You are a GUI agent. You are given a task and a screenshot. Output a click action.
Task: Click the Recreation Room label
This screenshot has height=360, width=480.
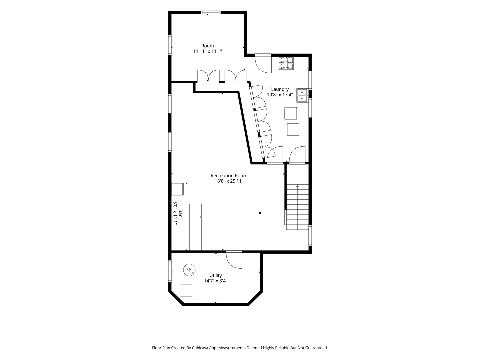(229, 176)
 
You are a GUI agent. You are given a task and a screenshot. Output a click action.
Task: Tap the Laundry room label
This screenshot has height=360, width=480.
(280, 89)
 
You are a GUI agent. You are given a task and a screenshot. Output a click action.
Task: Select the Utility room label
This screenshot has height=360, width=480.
(216, 275)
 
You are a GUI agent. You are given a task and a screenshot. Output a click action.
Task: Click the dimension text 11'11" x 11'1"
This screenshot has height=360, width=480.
(208, 51)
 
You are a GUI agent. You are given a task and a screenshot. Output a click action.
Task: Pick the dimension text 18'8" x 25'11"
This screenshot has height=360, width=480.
(229, 181)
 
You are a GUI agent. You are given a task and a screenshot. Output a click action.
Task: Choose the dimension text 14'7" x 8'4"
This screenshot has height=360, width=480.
(216, 281)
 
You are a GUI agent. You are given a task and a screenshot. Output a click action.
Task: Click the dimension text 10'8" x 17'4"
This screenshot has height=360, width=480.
(280, 95)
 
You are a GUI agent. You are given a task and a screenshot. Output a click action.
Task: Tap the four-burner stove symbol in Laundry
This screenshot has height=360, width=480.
(286, 63)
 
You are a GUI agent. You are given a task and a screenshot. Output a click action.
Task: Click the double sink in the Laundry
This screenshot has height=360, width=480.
(302, 96)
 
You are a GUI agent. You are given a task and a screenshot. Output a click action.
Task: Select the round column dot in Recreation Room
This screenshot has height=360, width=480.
(260, 213)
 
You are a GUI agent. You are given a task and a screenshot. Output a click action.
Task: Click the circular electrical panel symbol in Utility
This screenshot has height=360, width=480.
(189, 270)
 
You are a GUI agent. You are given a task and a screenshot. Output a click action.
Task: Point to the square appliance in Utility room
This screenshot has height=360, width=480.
(186, 291)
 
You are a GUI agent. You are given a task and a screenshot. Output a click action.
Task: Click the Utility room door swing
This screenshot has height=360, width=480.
(234, 260)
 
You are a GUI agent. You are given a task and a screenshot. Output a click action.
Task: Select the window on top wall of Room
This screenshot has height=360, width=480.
(211, 12)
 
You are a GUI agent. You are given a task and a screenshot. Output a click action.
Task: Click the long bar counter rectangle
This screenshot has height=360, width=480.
(195, 227)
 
